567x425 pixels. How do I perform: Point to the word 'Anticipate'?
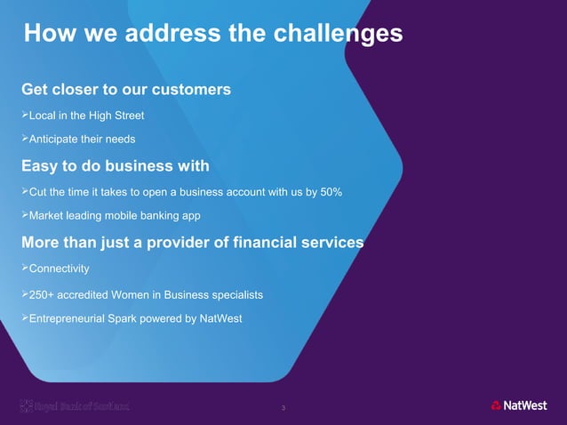pos(56,140)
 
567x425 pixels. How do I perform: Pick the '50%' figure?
pos(328,192)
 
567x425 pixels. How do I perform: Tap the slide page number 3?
pos(283,408)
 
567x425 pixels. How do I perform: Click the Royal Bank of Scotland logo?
pos(75,406)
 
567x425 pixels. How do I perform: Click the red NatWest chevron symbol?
pos(496,406)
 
